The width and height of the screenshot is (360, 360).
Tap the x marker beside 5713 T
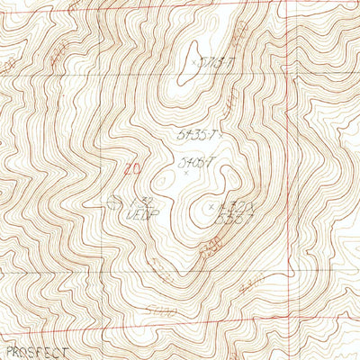coord(195,62)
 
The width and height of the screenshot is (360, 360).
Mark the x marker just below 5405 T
coord(186,174)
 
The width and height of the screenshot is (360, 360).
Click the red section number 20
coord(133,167)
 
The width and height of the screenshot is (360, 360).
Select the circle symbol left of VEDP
coord(112,203)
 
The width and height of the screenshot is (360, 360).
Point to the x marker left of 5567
coord(211,207)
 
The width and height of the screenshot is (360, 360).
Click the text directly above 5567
coord(231,207)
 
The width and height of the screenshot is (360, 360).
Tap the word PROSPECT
coord(36,352)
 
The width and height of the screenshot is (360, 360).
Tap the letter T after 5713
coord(231,62)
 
